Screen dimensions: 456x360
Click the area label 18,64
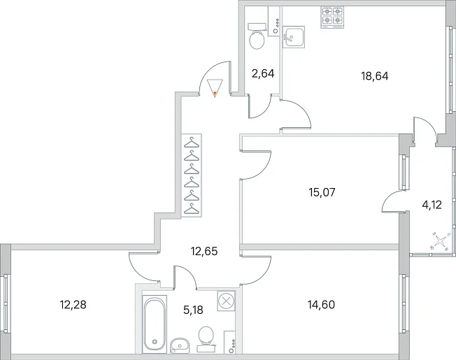(x=375, y=76)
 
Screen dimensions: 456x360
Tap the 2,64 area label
(x=263, y=73)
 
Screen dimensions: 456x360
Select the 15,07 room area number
(x=322, y=192)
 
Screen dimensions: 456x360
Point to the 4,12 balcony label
(x=432, y=205)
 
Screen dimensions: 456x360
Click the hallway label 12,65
(x=204, y=251)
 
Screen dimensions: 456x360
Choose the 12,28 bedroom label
(x=73, y=305)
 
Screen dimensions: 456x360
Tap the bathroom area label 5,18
(x=193, y=310)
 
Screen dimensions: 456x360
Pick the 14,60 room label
(x=321, y=305)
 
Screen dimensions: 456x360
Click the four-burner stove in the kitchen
(x=332, y=17)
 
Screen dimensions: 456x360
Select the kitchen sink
(x=294, y=36)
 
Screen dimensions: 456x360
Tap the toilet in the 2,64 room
(x=257, y=36)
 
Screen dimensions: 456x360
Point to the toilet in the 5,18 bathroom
(x=206, y=339)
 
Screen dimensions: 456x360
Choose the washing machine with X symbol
(x=226, y=301)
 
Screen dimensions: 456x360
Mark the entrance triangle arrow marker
(x=215, y=88)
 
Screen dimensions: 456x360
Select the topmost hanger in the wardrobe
(x=192, y=142)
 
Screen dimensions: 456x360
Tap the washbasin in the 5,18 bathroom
(x=180, y=345)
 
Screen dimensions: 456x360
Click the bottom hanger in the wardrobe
(x=192, y=208)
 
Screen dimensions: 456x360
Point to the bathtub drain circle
(x=155, y=342)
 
